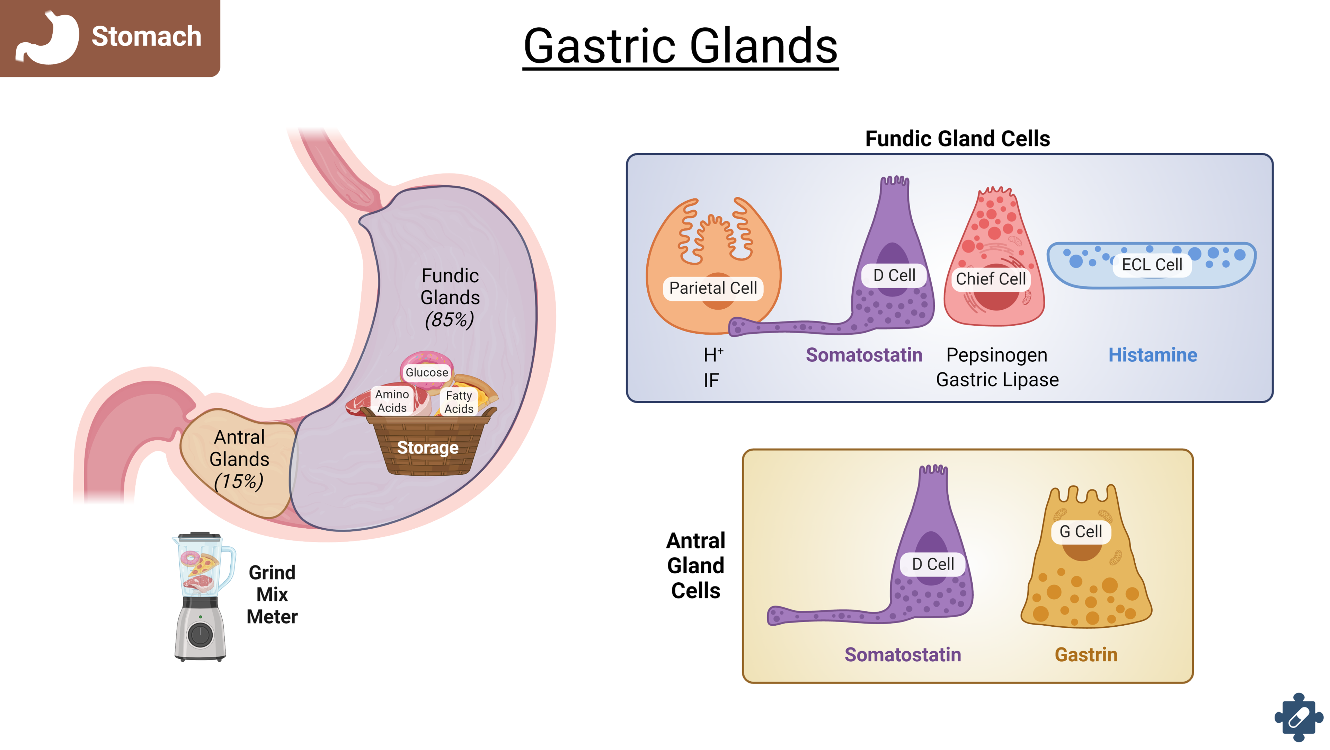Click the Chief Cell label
990,279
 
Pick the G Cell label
1080,531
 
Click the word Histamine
1152,355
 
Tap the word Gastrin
1086,655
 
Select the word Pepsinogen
996,355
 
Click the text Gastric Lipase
997,380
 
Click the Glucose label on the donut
426,372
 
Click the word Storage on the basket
427,448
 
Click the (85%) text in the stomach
449,320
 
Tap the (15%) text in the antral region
239,482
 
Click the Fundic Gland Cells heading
957,139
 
